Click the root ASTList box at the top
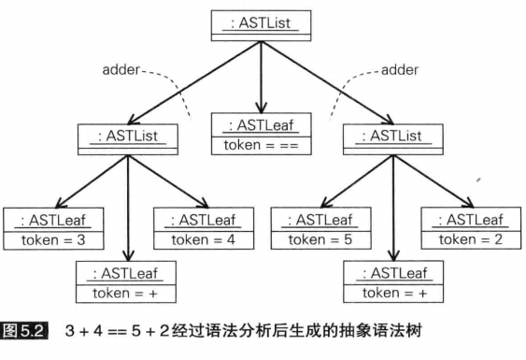[261, 22]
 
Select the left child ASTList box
[127, 137]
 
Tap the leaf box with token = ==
[262, 135]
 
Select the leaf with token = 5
[320, 229]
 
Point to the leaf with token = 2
[468, 229]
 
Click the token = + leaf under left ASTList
[127, 281]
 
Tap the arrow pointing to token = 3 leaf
[89, 182]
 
